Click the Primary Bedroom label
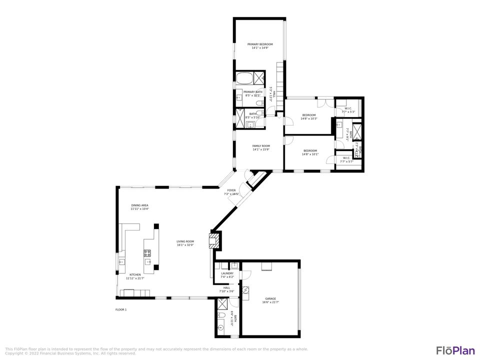[x=260, y=46]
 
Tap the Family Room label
[x=261, y=147]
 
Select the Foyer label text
[x=231, y=192]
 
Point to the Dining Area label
[x=139, y=207]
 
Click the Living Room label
[x=185, y=243]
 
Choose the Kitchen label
[x=135, y=276]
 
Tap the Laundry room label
[x=227, y=274]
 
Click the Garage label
[x=270, y=300]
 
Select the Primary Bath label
[x=253, y=93]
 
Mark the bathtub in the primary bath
[x=244, y=78]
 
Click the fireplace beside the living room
[x=214, y=240]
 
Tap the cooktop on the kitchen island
[x=148, y=253]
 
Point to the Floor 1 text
[x=121, y=310]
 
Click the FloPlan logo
[x=455, y=350]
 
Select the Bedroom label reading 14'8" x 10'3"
[x=309, y=117]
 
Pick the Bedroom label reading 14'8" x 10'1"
[x=310, y=152]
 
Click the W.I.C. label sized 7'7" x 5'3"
[x=347, y=110]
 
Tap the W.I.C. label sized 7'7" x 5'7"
[x=346, y=159]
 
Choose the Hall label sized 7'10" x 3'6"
[x=226, y=289]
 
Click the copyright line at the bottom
[x=70, y=353]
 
